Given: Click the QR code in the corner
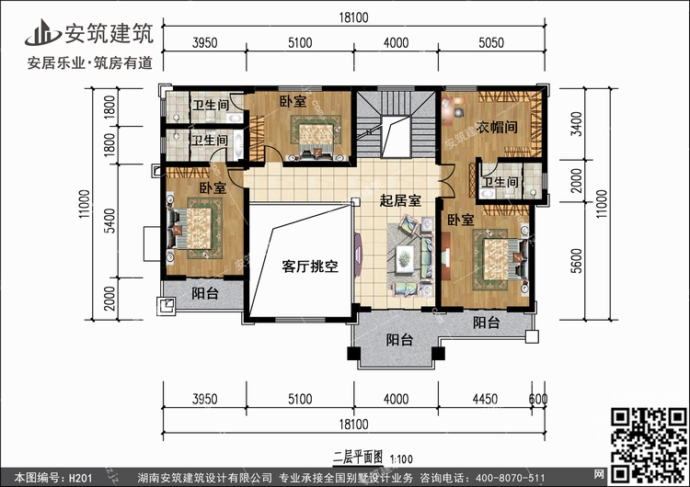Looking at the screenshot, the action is pos(650,445).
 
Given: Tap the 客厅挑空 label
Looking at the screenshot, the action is pos(310,266).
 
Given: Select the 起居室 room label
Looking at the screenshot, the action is pos(400,201).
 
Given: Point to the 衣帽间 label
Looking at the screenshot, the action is pos(497,127).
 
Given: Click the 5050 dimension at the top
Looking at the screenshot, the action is pos(491,42).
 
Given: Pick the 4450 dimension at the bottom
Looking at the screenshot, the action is pos(485,399).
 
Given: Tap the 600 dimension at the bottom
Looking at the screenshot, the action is pos(538,399).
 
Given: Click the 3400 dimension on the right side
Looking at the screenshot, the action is pos(576,124).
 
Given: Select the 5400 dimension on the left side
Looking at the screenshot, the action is pos(109,221).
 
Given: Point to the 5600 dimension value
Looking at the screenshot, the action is pos(576,261).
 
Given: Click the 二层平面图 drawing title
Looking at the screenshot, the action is pos(358,457).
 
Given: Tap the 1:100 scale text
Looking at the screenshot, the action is pos(401,459).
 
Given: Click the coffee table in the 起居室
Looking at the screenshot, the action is pos(405,257).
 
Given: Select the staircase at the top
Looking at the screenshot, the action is pos(396,124).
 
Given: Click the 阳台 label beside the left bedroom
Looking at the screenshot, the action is pos(205,293).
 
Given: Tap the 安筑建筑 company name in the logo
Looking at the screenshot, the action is pos(109,33).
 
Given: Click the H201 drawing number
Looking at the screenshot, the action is pos(81,478).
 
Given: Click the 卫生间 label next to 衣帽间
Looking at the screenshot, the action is pos(500,182).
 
